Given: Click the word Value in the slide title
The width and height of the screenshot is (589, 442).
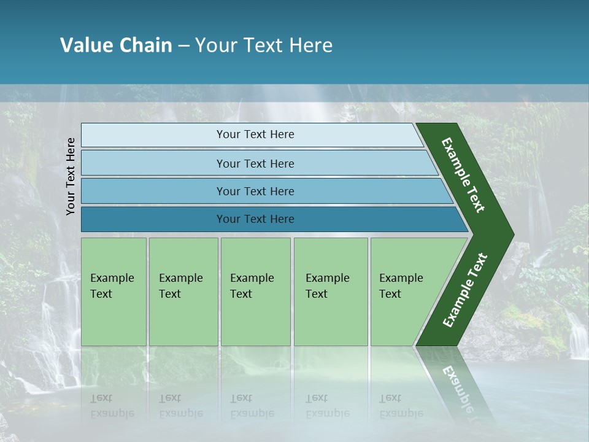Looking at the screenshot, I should point(86,45).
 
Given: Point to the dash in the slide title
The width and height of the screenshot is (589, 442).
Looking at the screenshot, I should point(183,46).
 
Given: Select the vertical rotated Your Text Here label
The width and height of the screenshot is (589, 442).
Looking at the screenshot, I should point(71,176).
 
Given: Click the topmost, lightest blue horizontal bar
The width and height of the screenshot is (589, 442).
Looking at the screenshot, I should point(255,134).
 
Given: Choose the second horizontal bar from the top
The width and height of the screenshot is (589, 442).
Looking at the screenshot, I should point(255,163).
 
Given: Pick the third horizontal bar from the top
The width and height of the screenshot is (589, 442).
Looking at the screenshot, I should point(255,191).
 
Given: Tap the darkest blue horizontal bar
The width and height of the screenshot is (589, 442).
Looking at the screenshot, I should point(255,219).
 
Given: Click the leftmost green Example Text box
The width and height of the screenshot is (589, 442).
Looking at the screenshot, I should point(114,292).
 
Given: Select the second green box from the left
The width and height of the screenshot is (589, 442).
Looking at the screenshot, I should point(183,292).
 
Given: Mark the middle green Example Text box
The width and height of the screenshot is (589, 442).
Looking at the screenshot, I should point(255,292).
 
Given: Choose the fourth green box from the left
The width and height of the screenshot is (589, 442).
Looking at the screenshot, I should point(330,292).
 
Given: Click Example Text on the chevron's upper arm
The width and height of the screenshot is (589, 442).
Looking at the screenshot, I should point(463,175).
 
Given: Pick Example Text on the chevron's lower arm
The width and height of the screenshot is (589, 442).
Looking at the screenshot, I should point(465,290).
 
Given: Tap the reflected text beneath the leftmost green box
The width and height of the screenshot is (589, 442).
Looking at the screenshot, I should point(113,406).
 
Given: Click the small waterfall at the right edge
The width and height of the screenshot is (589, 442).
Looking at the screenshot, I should point(577,335).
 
